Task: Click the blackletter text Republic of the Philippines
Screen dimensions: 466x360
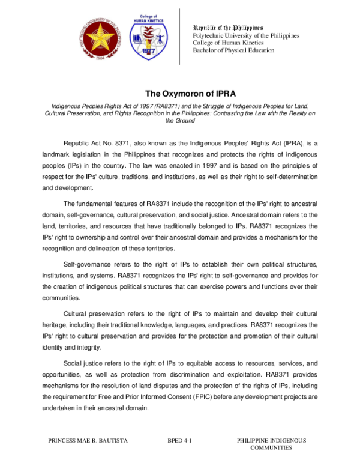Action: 227,28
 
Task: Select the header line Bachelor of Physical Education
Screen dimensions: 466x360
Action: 233,50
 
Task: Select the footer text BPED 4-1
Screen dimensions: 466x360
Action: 179,441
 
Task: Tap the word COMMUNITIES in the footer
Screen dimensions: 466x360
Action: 271,449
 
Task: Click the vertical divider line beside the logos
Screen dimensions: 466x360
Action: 181,36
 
